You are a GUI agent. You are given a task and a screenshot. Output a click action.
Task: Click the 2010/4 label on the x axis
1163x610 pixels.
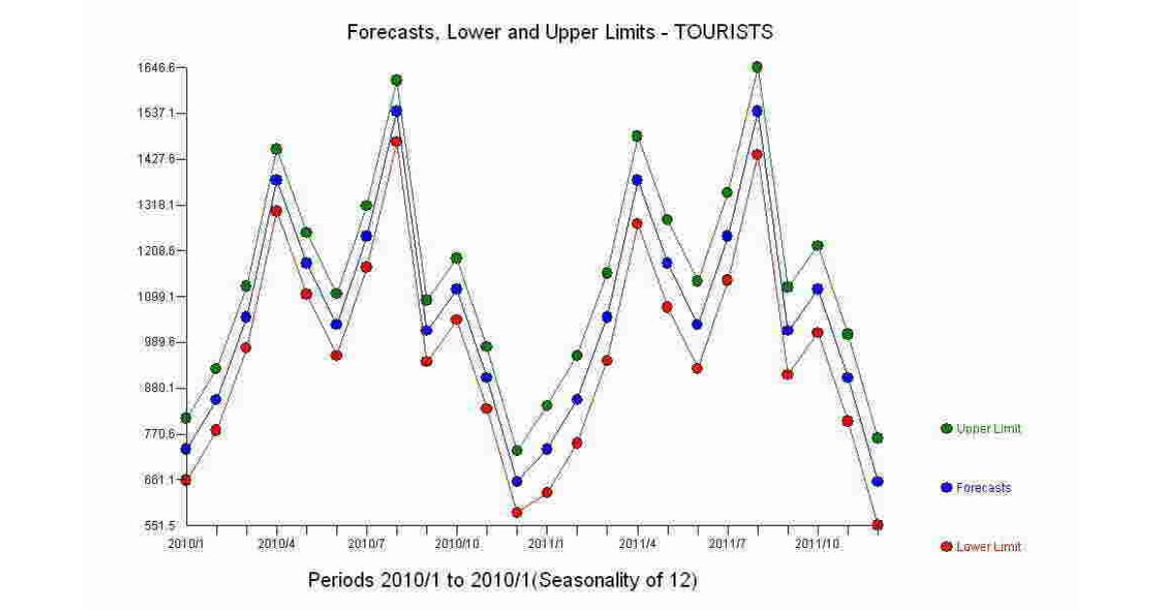tap(276, 544)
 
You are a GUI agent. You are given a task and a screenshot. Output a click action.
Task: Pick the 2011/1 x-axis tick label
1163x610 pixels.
tap(547, 544)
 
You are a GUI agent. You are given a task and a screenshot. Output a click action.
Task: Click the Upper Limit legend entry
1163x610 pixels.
tap(988, 428)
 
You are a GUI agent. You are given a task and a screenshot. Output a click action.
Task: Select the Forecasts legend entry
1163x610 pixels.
tap(982, 488)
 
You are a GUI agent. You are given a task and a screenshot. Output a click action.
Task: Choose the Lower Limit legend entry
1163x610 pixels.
tap(988, 547)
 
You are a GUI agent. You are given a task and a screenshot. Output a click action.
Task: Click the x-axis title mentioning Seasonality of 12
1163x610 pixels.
tap(502, 581)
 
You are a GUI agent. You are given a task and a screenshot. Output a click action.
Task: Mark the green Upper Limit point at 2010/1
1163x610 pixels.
tap(186, 418)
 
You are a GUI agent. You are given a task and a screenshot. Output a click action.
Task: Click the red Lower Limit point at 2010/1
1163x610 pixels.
tap(186, 479)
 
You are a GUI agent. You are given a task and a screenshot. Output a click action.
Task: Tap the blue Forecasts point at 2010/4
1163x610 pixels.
tap(276, 180)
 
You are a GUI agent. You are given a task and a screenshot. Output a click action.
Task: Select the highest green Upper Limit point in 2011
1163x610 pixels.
tap(757, 67)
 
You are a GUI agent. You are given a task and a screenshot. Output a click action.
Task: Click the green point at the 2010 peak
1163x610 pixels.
tap(396, 79)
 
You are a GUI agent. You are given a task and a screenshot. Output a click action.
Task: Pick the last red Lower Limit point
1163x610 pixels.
tap(877, 525)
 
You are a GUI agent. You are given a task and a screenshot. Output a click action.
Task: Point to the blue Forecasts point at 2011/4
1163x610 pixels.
tap(637, 180)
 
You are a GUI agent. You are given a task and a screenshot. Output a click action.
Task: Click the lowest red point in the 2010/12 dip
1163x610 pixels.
tap(517, 512)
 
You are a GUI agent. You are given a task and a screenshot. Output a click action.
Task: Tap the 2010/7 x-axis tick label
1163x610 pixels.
tap(366, 544)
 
